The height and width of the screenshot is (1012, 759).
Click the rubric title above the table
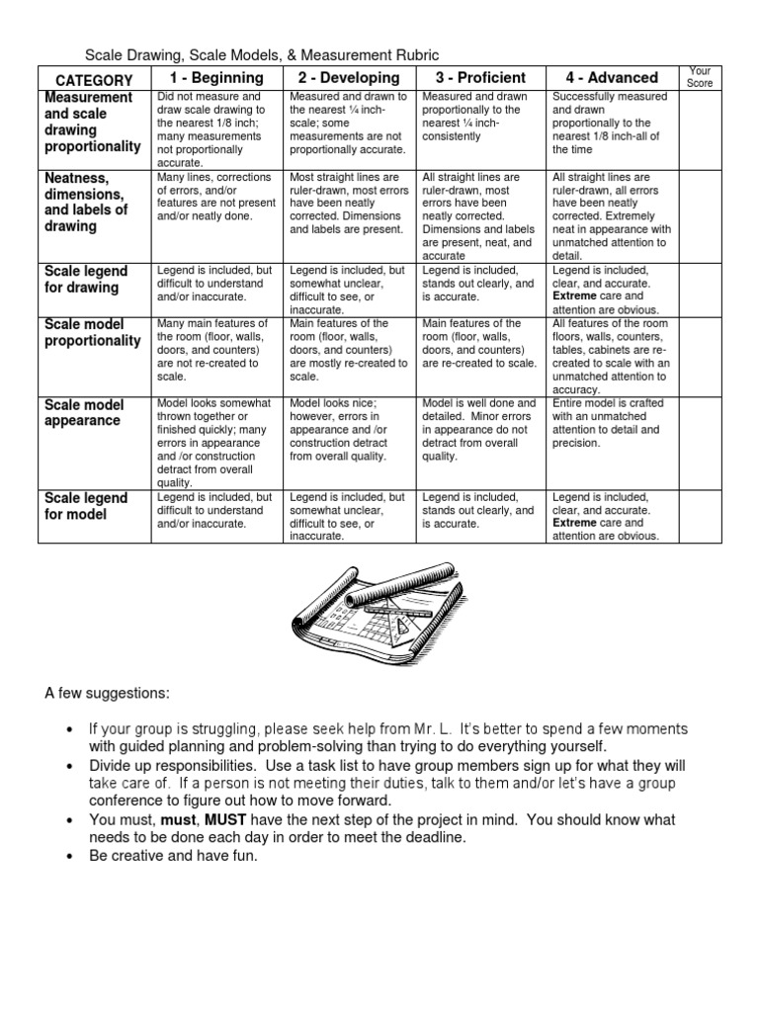coord(262,55)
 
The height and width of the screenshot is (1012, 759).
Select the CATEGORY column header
coord(94,80)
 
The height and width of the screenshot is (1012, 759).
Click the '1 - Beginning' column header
coord(216,78)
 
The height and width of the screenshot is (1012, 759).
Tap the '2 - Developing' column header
coord(348,78)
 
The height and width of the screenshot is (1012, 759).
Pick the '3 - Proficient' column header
coord(479,78)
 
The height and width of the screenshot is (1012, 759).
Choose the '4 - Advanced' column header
coord(611,78)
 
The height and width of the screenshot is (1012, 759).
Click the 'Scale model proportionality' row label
coord(94,332)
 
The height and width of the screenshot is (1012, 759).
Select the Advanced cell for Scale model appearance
coord(611,424)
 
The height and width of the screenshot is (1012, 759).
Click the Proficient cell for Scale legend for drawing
coord(479,283)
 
